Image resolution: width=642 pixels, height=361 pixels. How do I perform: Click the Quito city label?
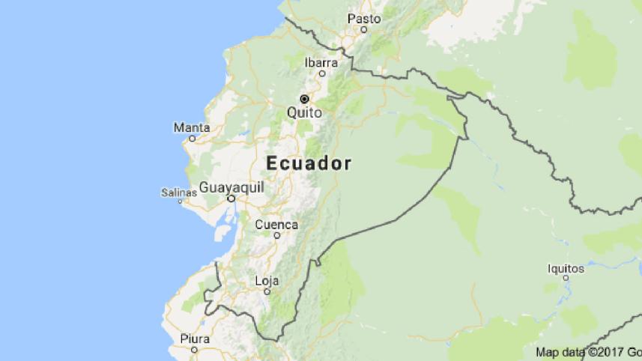[304, 112]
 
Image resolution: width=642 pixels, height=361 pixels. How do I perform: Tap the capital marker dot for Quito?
[304, 99]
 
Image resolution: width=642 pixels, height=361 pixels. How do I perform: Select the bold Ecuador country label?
[309, 164]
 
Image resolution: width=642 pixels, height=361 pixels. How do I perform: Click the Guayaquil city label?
[231, 187]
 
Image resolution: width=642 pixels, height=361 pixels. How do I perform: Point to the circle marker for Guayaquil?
[231, 199]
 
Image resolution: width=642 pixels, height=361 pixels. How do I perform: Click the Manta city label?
[192, 127]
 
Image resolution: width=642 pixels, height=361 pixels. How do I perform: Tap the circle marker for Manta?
[192, 139]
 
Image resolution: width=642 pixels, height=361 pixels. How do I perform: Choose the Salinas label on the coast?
[178, 192]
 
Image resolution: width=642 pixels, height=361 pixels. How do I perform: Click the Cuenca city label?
[276, 224]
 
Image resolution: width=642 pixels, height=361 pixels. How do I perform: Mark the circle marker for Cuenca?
[276, 235]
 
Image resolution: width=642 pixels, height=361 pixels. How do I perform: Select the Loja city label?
[267, 281]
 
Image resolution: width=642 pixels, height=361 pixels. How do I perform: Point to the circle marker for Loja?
[267, 292]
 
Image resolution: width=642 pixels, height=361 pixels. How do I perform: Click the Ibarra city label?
[321, 63]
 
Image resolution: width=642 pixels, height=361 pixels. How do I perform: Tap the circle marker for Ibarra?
[322, 73]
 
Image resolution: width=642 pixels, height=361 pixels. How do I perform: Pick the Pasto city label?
[364, 19]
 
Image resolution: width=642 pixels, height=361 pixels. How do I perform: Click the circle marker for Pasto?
[364, 30]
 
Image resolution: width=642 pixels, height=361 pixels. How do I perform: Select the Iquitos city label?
[566, 267]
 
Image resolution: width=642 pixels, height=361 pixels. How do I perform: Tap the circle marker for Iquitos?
[566, 279]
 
